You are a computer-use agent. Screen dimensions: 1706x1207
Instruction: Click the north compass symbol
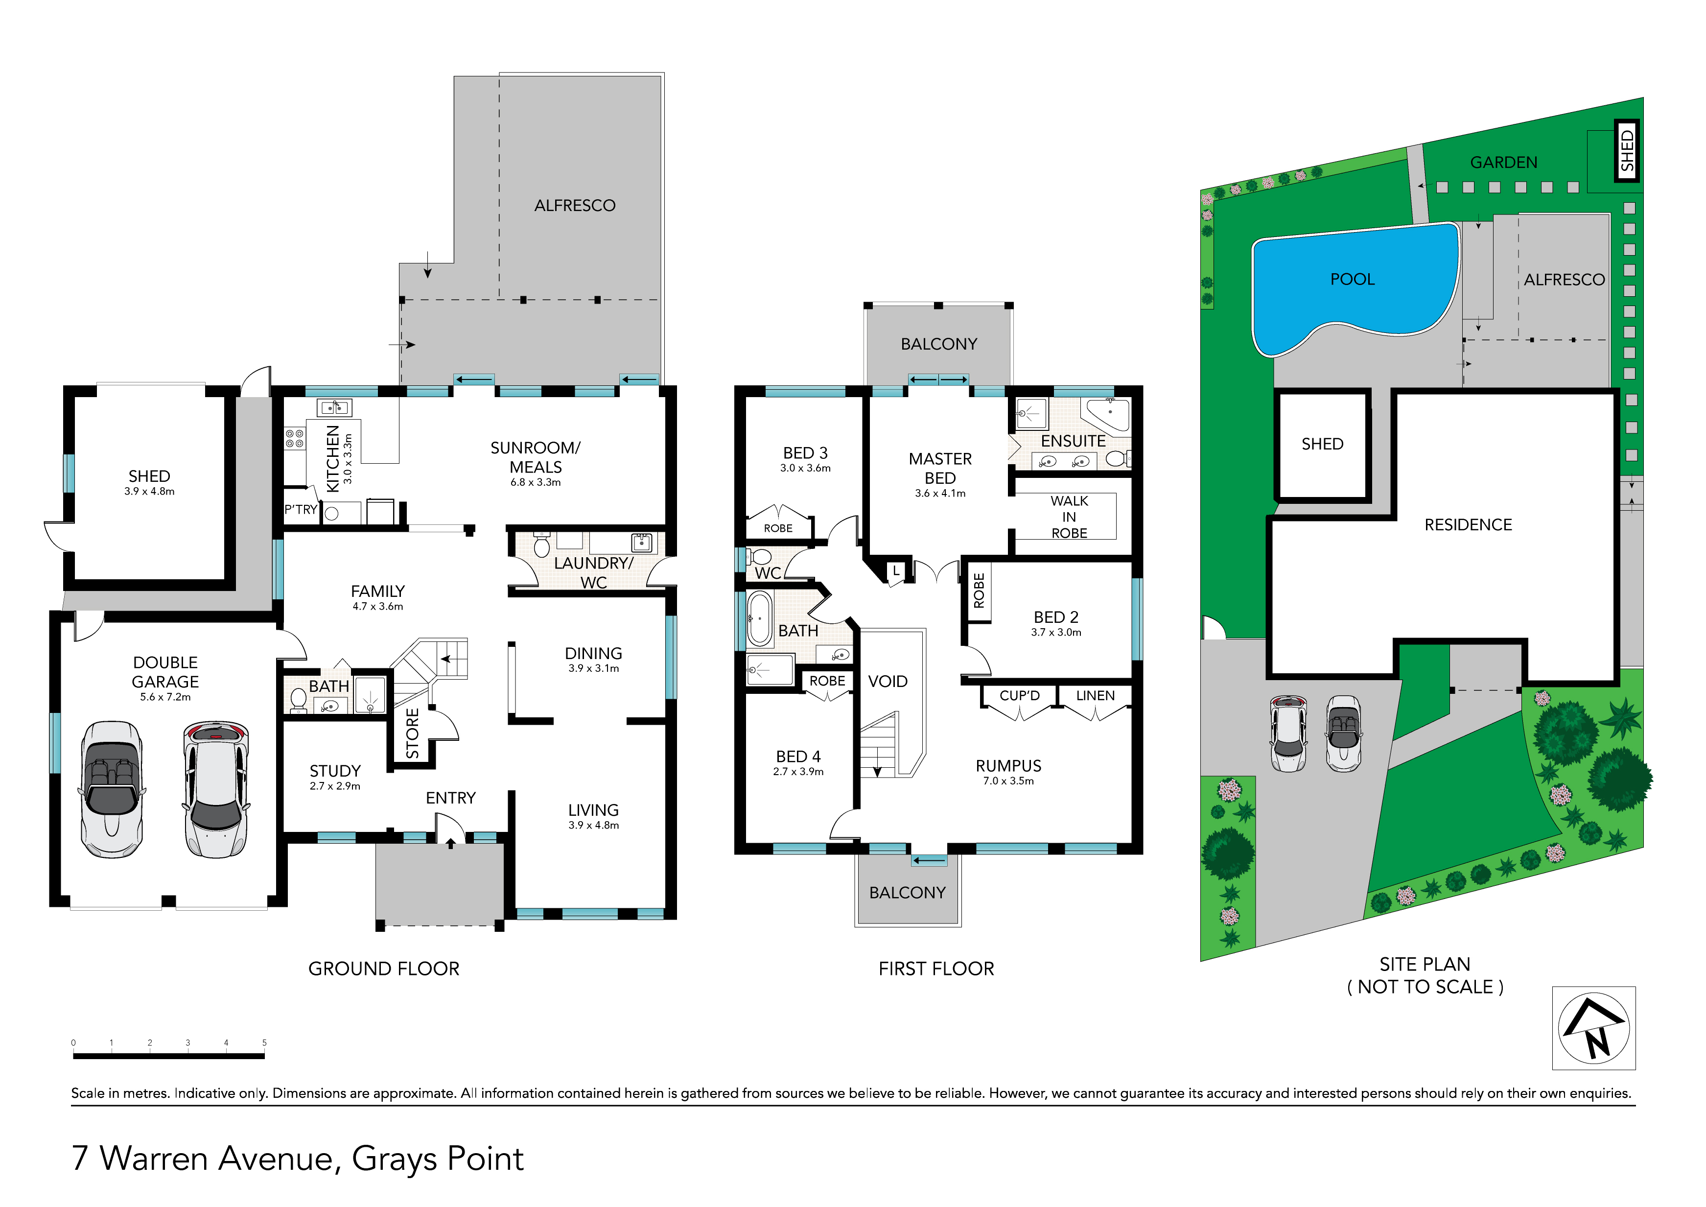[x=1594, y=1029]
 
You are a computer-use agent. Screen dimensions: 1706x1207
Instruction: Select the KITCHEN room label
[x=333, y=459]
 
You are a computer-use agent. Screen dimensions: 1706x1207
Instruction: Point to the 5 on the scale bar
[x=264, y=1043]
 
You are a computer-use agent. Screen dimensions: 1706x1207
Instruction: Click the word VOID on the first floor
[x=888, y=682]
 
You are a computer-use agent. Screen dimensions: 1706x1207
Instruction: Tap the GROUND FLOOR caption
[x=384, y=969]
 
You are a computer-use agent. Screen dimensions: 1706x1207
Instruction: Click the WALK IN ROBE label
[x=1069, y=517]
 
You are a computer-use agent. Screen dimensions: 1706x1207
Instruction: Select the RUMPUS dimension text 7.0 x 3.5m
[x=1008, y=781]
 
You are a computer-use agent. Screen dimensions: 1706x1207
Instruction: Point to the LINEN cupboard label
[x=1095, y=696]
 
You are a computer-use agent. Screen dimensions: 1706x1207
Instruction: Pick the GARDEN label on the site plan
[x=1504, y=162]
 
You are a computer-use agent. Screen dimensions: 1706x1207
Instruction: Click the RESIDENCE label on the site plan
[x=1468, y=525]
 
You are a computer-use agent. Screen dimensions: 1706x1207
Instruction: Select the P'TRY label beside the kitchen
[x=301, y=510]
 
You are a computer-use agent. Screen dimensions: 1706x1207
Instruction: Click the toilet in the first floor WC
[x=759, y=557]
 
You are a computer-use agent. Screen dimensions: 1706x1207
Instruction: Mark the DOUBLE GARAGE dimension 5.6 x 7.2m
[x=165, y=697]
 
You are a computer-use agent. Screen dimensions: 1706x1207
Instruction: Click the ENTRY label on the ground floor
[x=451, y=798]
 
